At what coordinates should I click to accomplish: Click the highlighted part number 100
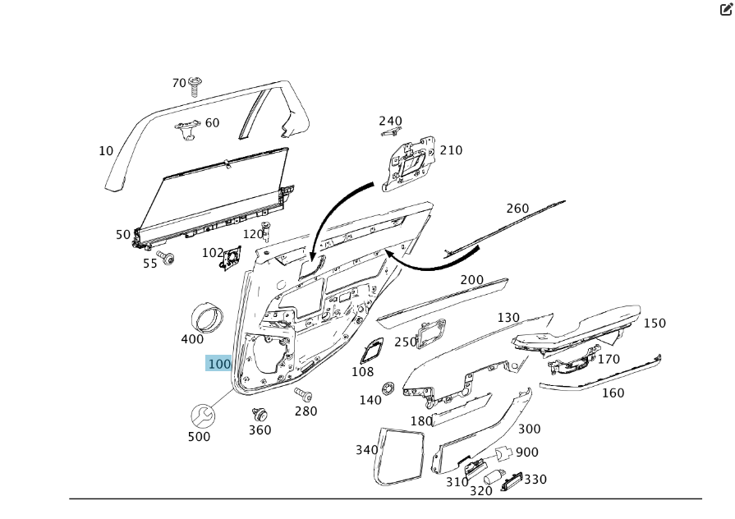pyautogui.click(x=218, y=364)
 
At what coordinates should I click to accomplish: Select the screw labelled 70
pyautogui.click(x=195, y=86)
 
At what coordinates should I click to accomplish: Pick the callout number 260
pyautogui.click(x=517, y=209)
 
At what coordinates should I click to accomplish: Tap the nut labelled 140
pyautogui.click(x=388, y=387)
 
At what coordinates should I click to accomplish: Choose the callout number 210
pyautogui.click(x=451, y=150)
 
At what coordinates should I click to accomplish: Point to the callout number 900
pyautogui.click(x=527, y=452)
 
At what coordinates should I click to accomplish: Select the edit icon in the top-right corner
pyautogui.click(x=725, y=10)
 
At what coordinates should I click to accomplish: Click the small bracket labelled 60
pyautogui.click(x=187, y=127)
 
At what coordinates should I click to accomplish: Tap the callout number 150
pyautogui.click(x=655, y=324)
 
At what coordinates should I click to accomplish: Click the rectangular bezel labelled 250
pyautogui.click(x=432, y=334)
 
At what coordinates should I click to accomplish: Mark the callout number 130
pyautogui.click(x=508, y=318)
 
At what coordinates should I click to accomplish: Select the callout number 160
pyautogui.click(x=613, y=393)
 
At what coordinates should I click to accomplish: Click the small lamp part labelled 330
pyautogui.click(x=512, y=481)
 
